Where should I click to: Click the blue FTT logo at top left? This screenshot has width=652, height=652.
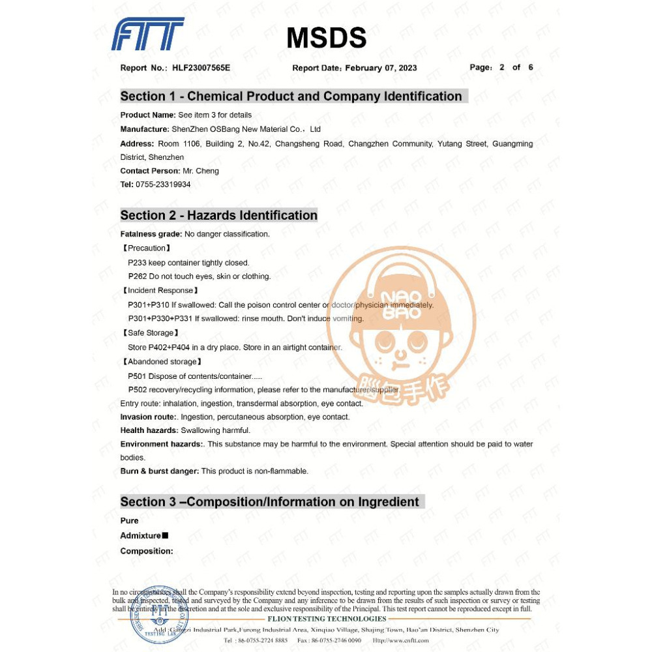click(147, 34)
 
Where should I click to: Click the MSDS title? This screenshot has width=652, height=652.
click(326, 38)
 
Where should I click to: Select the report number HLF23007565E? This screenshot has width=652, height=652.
click(201, 68)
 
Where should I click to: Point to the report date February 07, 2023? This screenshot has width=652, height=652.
click(381, 68)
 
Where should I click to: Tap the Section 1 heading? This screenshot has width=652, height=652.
click(291, 96)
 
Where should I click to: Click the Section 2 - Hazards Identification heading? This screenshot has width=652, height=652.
click(218, 215)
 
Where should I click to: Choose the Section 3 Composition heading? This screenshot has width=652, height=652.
click(269, 502)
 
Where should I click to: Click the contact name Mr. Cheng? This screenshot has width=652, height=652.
click(201, 171)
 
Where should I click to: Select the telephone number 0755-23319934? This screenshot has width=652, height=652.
click(163, 185)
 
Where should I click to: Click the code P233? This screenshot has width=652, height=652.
click(138, 263)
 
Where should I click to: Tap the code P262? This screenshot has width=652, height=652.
click(138, 276)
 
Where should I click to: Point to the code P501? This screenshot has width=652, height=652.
click(138, 376)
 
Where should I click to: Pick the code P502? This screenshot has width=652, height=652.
click(138, 390)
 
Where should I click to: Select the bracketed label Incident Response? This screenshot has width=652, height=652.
click(160, 291)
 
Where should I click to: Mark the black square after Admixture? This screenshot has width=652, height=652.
click(165, 535)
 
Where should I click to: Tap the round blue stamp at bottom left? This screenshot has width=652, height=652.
click(155, 614)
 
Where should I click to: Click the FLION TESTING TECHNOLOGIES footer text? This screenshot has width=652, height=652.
click(327, 619)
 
